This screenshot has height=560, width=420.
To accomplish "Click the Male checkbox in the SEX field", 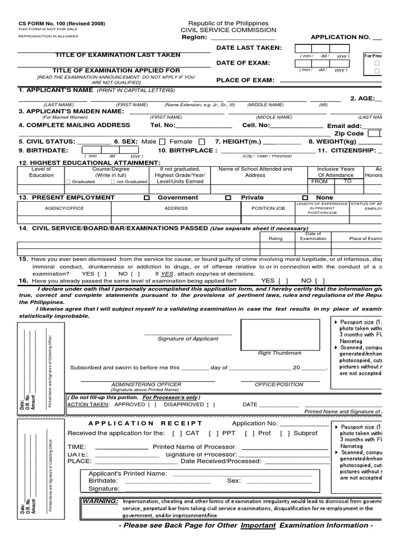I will [x=162, y=142].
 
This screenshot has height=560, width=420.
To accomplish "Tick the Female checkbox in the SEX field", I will [x=202, y=142].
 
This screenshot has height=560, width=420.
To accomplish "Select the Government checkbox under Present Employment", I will [x=146, y=198].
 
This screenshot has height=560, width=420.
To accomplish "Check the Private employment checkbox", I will [x=228, y=198].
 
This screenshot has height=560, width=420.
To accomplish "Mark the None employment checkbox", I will [x=305, y=198].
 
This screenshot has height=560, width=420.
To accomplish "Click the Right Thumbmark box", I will [x=279, y=334].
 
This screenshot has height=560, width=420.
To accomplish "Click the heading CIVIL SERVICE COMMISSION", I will [x=229, y=30].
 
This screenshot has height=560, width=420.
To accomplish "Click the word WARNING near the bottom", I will [x=100, y=501].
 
